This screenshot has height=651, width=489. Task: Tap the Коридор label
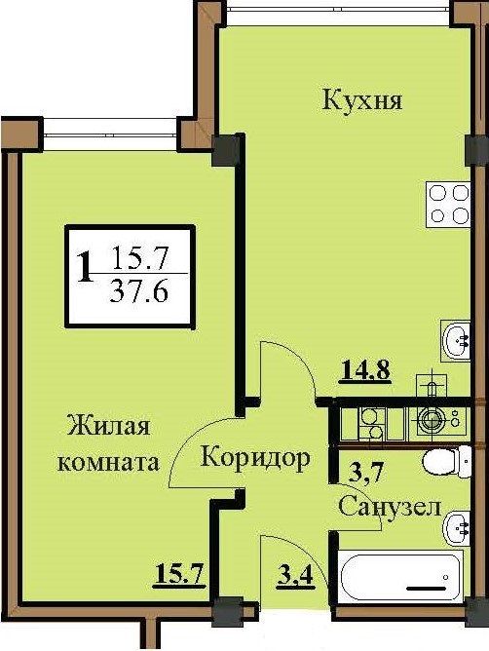256,456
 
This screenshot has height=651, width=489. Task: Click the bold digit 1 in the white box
86,266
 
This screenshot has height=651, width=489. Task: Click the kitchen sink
456,340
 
